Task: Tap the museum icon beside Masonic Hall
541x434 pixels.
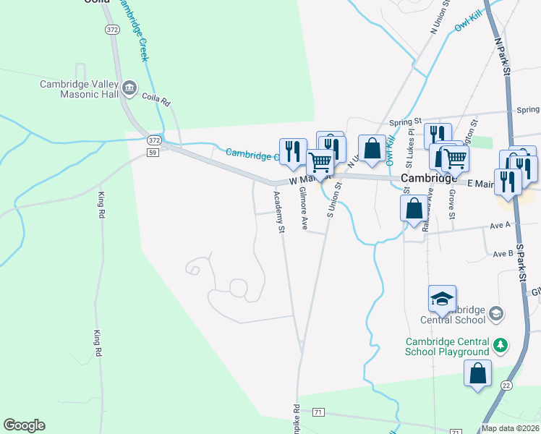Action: point(130,89)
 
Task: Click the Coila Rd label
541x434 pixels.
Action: point(155,96)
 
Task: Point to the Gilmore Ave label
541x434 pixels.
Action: point(304,209)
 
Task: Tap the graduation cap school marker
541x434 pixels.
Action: point(443,298)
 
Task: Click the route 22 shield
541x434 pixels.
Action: point(506,386)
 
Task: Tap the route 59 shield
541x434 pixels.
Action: point(153,153)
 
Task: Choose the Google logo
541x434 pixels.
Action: point(24,425)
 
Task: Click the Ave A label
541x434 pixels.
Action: point(500,225)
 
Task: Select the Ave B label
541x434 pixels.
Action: point(503,254)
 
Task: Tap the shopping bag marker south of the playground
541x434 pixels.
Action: point(477,374)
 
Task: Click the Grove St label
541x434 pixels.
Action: point(451,205)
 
